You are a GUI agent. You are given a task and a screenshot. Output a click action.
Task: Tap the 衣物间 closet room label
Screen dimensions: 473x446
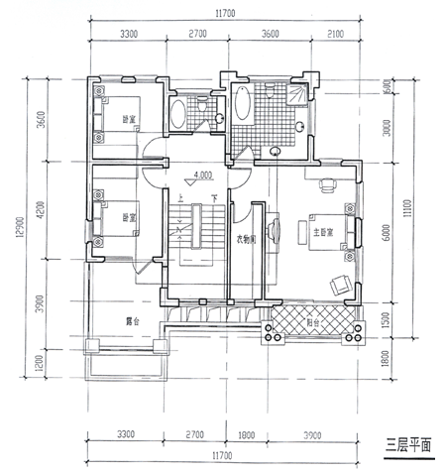tap(247, 239)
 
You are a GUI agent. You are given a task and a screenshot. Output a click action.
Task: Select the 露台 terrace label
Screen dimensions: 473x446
tap(132, 320)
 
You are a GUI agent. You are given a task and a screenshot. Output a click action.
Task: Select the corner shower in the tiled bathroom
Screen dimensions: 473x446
tap(297, 95)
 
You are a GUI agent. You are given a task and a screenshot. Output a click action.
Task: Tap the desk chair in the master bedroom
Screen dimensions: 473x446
tap(326, 183)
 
